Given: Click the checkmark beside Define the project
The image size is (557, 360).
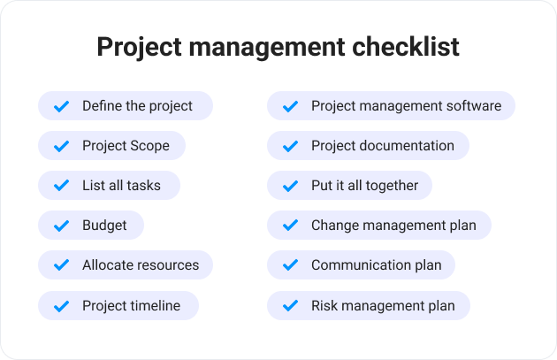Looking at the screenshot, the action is [61, 106].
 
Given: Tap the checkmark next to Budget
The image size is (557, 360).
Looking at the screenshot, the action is [61, 226].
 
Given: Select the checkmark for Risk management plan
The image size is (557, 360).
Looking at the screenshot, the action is [290, 306].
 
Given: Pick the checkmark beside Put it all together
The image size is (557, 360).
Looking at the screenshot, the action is [290, 186].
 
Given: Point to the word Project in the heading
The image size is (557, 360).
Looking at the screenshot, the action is [140, 48].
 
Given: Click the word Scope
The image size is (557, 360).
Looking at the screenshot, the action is [150, 146].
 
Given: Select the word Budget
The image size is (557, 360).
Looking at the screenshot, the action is [104, 226].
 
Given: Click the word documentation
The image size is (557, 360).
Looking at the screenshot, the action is [407, 146].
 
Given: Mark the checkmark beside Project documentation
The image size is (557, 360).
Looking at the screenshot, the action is [290, 146].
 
